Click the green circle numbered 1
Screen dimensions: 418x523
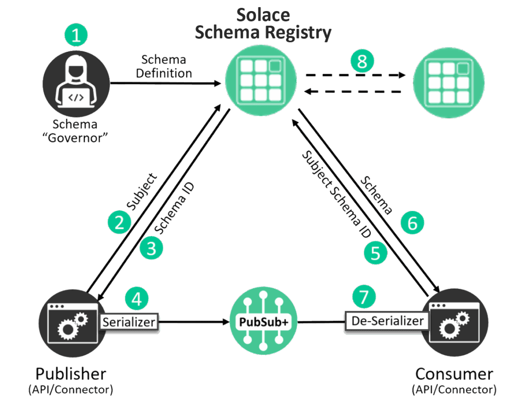pos(77,35)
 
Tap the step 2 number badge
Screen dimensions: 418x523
pos(119,222)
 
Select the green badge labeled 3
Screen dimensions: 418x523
pos(151,249)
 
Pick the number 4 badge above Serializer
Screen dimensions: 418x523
pos(137,299)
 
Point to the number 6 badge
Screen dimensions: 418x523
pos(412,223)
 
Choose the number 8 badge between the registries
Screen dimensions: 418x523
pos(362,61)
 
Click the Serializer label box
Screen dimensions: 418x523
pos(129,322)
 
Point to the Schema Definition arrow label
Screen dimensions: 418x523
pos(164,66)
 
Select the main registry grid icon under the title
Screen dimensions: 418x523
pos(261,80)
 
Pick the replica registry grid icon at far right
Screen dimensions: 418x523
pos(448,83)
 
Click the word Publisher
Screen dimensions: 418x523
pos(71,374)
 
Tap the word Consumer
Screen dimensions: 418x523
pos(454,374)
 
